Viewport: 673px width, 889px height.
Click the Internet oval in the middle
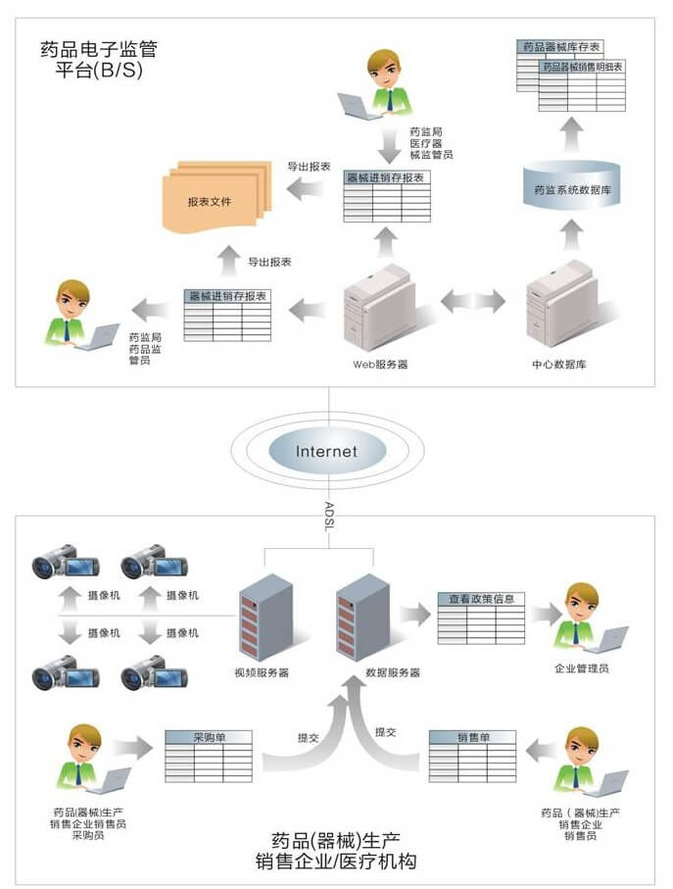(x=326, y=452)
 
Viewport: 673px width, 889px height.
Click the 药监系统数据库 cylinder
(x=573, y=184)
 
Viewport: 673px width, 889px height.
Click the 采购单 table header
(x=208, y=737)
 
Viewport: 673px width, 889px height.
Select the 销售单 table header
(x=473, y=737)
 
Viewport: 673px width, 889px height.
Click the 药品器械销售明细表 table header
(x=584, y=67)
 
